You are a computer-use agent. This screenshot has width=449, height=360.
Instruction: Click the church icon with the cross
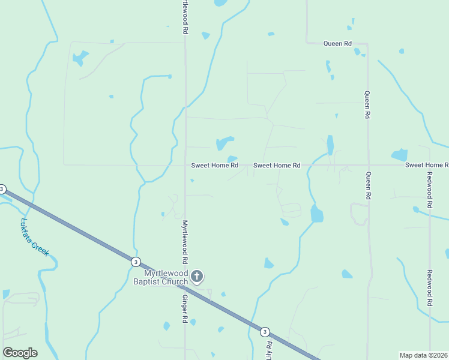click(197, 277)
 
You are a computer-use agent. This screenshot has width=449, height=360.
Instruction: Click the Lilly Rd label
click(270, 350)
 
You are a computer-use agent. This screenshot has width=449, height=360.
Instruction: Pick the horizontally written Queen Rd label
click(337, 43)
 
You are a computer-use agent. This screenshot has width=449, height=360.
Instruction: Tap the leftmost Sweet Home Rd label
click(215, 165)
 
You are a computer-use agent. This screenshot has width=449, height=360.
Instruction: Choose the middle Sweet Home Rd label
click(277, 165)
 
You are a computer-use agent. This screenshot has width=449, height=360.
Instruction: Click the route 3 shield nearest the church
click(136, 262)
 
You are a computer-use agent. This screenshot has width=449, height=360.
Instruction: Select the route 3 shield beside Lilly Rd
click(265, 331)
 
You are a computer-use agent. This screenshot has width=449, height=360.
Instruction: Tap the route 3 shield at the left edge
click(2, 189)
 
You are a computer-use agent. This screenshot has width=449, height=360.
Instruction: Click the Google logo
click(20, 353)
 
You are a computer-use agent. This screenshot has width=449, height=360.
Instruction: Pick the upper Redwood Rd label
click(430, 190)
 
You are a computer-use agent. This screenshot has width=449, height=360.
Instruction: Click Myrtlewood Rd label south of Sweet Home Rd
click(185, 242)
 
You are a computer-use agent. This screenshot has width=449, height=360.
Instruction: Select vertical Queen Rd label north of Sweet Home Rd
click(367, 104)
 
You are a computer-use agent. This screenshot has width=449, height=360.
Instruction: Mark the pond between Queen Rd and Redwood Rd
click(400, 155)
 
